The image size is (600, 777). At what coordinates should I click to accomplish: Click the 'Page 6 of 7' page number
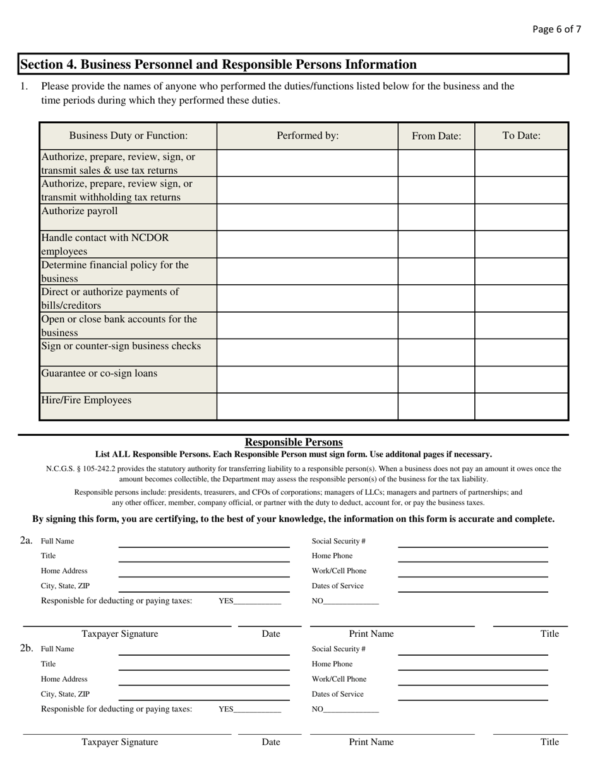[x=556, y=29]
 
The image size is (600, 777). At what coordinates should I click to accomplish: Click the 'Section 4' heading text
[x=218, y=64]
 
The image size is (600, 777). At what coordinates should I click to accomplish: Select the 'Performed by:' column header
[x=308, y=136]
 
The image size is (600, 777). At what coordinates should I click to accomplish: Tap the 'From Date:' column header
[x=436, y=136]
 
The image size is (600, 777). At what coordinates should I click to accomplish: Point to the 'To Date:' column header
[x=521, y=136]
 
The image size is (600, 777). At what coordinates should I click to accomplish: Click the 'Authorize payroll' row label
[x=80, y=211]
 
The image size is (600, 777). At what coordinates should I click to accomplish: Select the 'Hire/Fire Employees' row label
[x=87, y=400]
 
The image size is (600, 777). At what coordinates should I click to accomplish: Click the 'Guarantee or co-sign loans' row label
[x=99, y=373]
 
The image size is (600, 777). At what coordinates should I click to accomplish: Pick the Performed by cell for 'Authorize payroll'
[x=308, y=217]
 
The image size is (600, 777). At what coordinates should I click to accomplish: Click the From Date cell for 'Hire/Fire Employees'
[x=436, y=406]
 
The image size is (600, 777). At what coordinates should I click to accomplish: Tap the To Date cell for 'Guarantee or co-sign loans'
[x=521, y=379]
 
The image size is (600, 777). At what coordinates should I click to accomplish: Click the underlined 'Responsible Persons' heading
[x=294, y=442]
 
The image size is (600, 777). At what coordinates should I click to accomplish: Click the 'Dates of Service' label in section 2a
[x=338, y=586]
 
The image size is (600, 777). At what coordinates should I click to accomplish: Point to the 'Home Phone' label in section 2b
[x=332, y=664]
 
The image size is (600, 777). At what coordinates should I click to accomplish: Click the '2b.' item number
[x=27, y=648]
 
